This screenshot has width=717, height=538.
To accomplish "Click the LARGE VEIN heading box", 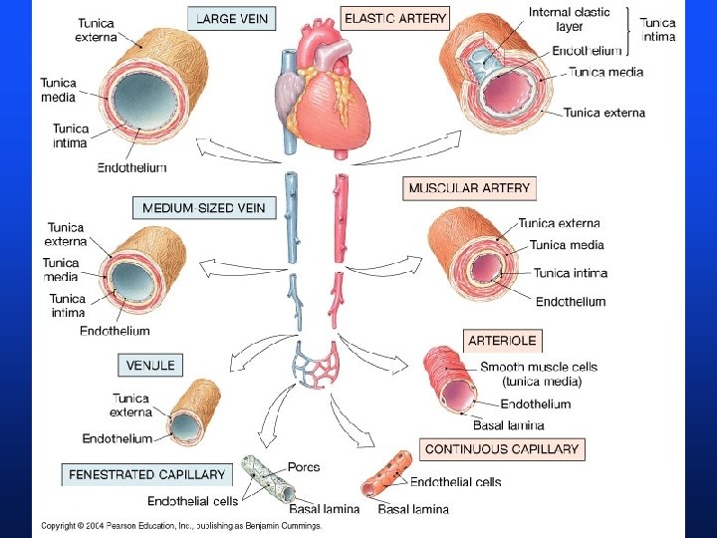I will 231,19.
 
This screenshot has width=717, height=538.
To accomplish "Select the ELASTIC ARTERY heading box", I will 395,18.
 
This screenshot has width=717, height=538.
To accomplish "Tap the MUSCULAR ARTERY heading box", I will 470,187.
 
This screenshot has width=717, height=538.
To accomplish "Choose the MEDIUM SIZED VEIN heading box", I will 203,207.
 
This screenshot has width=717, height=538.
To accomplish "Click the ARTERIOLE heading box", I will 504,340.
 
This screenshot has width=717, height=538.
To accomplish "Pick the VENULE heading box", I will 150,365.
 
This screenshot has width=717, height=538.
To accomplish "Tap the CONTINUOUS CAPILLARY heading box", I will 502,449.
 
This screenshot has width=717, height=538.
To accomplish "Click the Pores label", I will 304,466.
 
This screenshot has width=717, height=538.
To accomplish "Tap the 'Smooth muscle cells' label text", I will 539,367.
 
